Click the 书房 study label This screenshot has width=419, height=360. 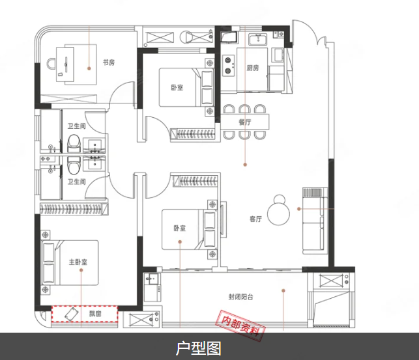click(108, 63)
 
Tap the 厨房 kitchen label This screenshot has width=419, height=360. click(253, 68)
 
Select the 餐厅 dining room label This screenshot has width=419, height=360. click(245, 122)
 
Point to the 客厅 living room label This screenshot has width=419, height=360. click(255, 219)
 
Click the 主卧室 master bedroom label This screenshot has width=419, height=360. click(78, 263)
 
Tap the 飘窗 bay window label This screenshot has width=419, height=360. click(95, 314)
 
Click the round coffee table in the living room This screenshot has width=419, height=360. click(282, 210)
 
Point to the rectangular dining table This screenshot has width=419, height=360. click(245, 122)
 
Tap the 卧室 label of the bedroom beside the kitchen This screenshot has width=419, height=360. click(177, 87)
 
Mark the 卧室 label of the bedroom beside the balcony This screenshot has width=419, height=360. click(180, 228)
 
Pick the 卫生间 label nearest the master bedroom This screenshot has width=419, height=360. click(76, 182)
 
